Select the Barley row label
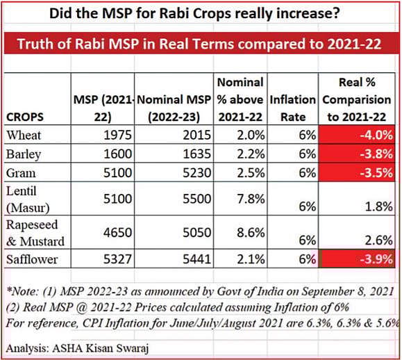[x=22, y=154]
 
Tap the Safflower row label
[x=29, y=259]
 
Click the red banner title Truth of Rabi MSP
[x=201, y=44]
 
